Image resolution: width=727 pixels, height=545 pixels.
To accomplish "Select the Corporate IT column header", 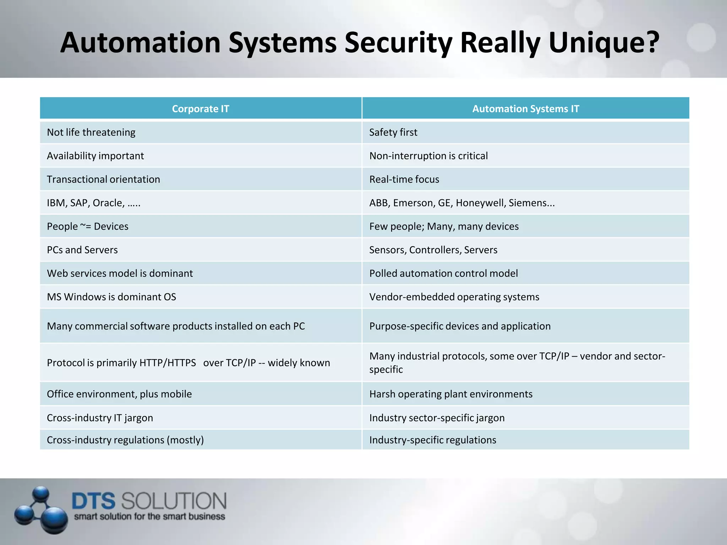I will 201,109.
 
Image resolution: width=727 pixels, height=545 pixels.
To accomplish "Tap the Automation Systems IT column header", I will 525,109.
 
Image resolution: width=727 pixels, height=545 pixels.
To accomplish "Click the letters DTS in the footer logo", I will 93,501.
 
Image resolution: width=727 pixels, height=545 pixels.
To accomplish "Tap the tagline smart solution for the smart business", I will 149,517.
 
